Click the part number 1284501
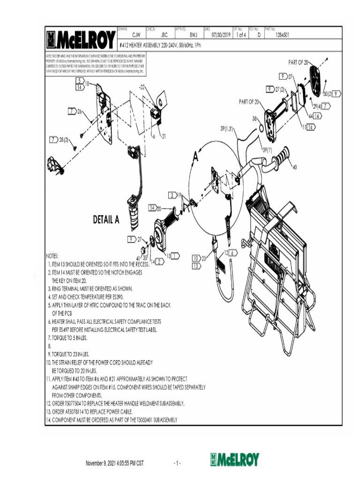282,35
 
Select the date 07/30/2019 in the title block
221,35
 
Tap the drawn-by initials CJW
136,35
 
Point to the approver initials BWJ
193,35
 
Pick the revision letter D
259,35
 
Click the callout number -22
142,87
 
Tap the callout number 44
311,115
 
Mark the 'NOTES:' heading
52,256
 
